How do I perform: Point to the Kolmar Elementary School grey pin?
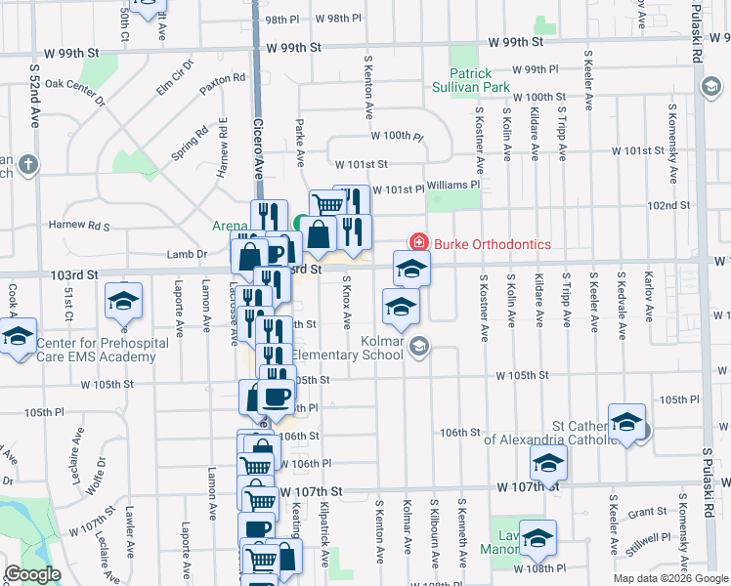419,348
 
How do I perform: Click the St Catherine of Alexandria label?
586,433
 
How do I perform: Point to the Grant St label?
647,512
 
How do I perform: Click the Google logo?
33,573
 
